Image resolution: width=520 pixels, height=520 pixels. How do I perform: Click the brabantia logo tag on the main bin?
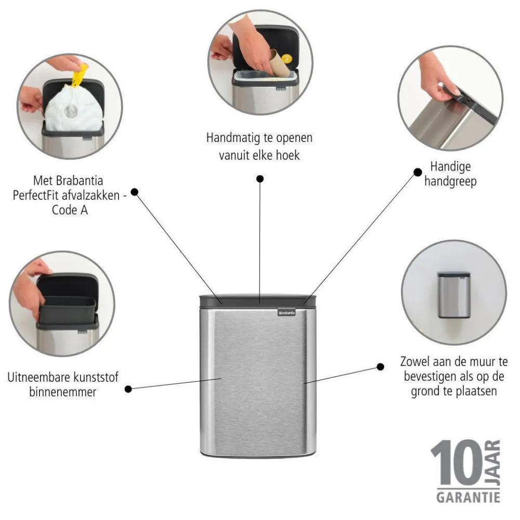285,312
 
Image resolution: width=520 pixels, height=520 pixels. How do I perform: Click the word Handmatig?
230,138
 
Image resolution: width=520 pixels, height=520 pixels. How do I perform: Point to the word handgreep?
450,182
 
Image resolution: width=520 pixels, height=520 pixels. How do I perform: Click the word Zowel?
414,361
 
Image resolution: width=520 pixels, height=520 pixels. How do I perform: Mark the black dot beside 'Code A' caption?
134,191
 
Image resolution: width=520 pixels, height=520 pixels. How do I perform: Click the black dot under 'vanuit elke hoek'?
259,179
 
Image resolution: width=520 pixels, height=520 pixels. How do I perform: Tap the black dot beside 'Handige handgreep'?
418,172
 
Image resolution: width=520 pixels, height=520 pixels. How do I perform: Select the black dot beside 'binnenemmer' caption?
128,388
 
